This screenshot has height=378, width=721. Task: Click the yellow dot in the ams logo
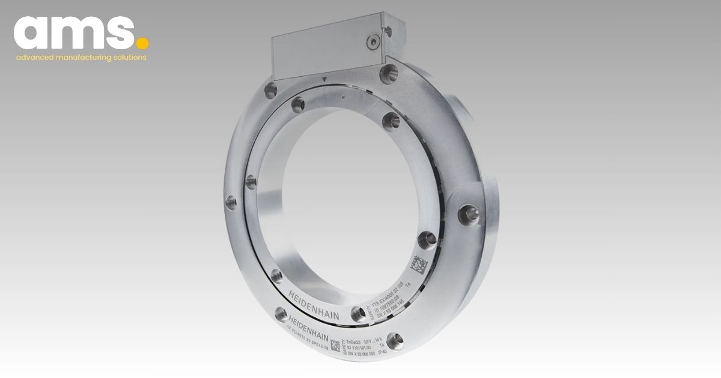tap(142, 43)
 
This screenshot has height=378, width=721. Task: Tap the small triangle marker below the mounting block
tap(324, 79)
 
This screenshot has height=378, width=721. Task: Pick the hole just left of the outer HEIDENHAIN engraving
tap(280, 312)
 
